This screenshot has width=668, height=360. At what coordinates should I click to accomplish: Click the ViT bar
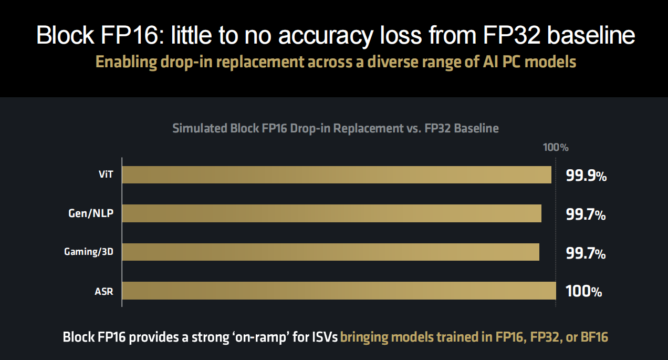tap(336, 175)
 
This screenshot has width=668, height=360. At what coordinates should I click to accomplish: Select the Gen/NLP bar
tap(331, 213)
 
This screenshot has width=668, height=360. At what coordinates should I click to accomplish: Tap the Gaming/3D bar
tap(330, 252)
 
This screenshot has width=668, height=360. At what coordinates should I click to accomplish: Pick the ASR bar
tap(339, 291)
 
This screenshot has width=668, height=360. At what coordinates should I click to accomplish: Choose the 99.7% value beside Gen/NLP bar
tap(586, 214)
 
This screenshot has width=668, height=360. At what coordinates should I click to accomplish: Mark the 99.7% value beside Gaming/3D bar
tap(586, 253)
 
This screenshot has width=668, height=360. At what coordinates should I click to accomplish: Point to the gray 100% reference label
tap(556, 148)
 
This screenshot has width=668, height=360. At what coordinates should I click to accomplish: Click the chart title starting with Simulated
tap(336, 128)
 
